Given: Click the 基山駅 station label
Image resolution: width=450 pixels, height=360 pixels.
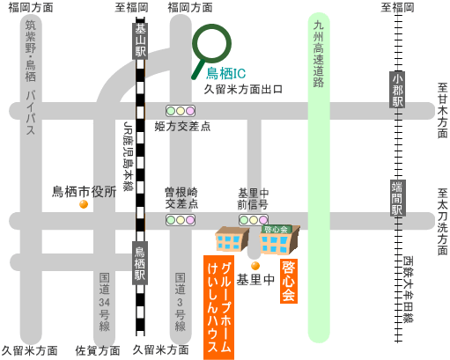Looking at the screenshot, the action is [140, 40].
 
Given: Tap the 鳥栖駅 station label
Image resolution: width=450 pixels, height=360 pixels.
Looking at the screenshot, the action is [140, 263].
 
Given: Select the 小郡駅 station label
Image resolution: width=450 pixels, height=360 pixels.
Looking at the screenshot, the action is [397, 90].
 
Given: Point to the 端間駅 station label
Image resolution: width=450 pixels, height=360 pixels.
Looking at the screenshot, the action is [398, 198].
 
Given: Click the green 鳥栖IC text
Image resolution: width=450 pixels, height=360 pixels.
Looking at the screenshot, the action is [225, 73].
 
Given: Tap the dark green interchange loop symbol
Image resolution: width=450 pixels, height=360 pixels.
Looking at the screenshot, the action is [211, 44].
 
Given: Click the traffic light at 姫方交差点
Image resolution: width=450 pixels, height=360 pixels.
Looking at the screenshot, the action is [181, 111].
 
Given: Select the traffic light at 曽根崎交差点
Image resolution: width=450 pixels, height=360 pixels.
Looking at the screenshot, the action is [181, 220].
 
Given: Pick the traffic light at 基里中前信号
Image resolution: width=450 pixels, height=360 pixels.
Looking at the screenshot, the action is [254, 220].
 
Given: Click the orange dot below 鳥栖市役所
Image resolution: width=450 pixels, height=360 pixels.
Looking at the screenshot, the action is [84, 204].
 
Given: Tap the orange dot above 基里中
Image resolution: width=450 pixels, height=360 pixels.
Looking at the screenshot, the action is [255, 266].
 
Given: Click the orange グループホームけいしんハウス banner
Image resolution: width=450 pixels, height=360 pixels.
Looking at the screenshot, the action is [218, 307].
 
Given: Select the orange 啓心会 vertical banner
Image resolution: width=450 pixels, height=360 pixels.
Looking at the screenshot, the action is [289, 281].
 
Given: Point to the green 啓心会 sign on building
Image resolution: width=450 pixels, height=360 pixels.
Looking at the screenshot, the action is [276, 229].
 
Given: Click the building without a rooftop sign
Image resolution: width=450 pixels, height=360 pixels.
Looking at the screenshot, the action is [232, 239].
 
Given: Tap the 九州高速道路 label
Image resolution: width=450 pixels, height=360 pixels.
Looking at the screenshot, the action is [319, 54].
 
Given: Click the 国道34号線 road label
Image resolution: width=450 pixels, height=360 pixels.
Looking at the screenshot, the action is [104, 302].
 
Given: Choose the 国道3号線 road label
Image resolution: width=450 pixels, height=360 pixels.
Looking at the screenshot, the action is [181, 302].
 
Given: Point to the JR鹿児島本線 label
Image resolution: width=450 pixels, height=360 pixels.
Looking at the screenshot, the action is [128, 157].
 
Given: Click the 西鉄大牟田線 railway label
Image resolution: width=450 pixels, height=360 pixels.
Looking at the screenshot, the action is [408, 290].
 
